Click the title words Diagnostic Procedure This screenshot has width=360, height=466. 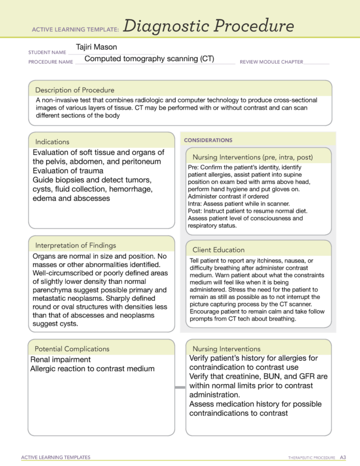pyautogui.click(x=209, y=26)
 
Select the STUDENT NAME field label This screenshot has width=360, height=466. pyautogui.click(x=47, y=52)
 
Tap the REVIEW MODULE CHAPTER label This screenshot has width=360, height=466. pyautogui.click(x=271, y=62)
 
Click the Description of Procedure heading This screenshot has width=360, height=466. pyautogui.click(x=75, y=90)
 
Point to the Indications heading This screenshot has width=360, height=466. pyautogui.click(x=52, y=141)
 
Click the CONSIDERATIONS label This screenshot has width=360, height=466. pyautogui.click(x=208, y=140)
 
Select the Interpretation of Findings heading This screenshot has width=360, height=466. pyautogui.click(x=75, y=245)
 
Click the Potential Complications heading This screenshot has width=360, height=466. pyautogui.click(x=72, y=348)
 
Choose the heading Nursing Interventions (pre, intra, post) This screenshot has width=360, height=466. pyautogui.click(x=253, y=157)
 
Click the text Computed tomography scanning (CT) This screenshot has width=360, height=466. pyautogui.click(x=149, y=59)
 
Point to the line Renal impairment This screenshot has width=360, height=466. pyautogui.click(x=61, y=359)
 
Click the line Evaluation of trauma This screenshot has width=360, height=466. pyautogui.click(x=68, y=170)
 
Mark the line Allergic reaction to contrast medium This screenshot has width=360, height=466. pyautogui.click(x=93, y=369)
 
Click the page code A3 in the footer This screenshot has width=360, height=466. pyautogui.click(x=343, y=457)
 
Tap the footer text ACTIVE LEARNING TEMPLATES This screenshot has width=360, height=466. pyautogui.click(x=55, y=457)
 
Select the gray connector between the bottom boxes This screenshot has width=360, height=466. pyautogui.click(x=180, y=387)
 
